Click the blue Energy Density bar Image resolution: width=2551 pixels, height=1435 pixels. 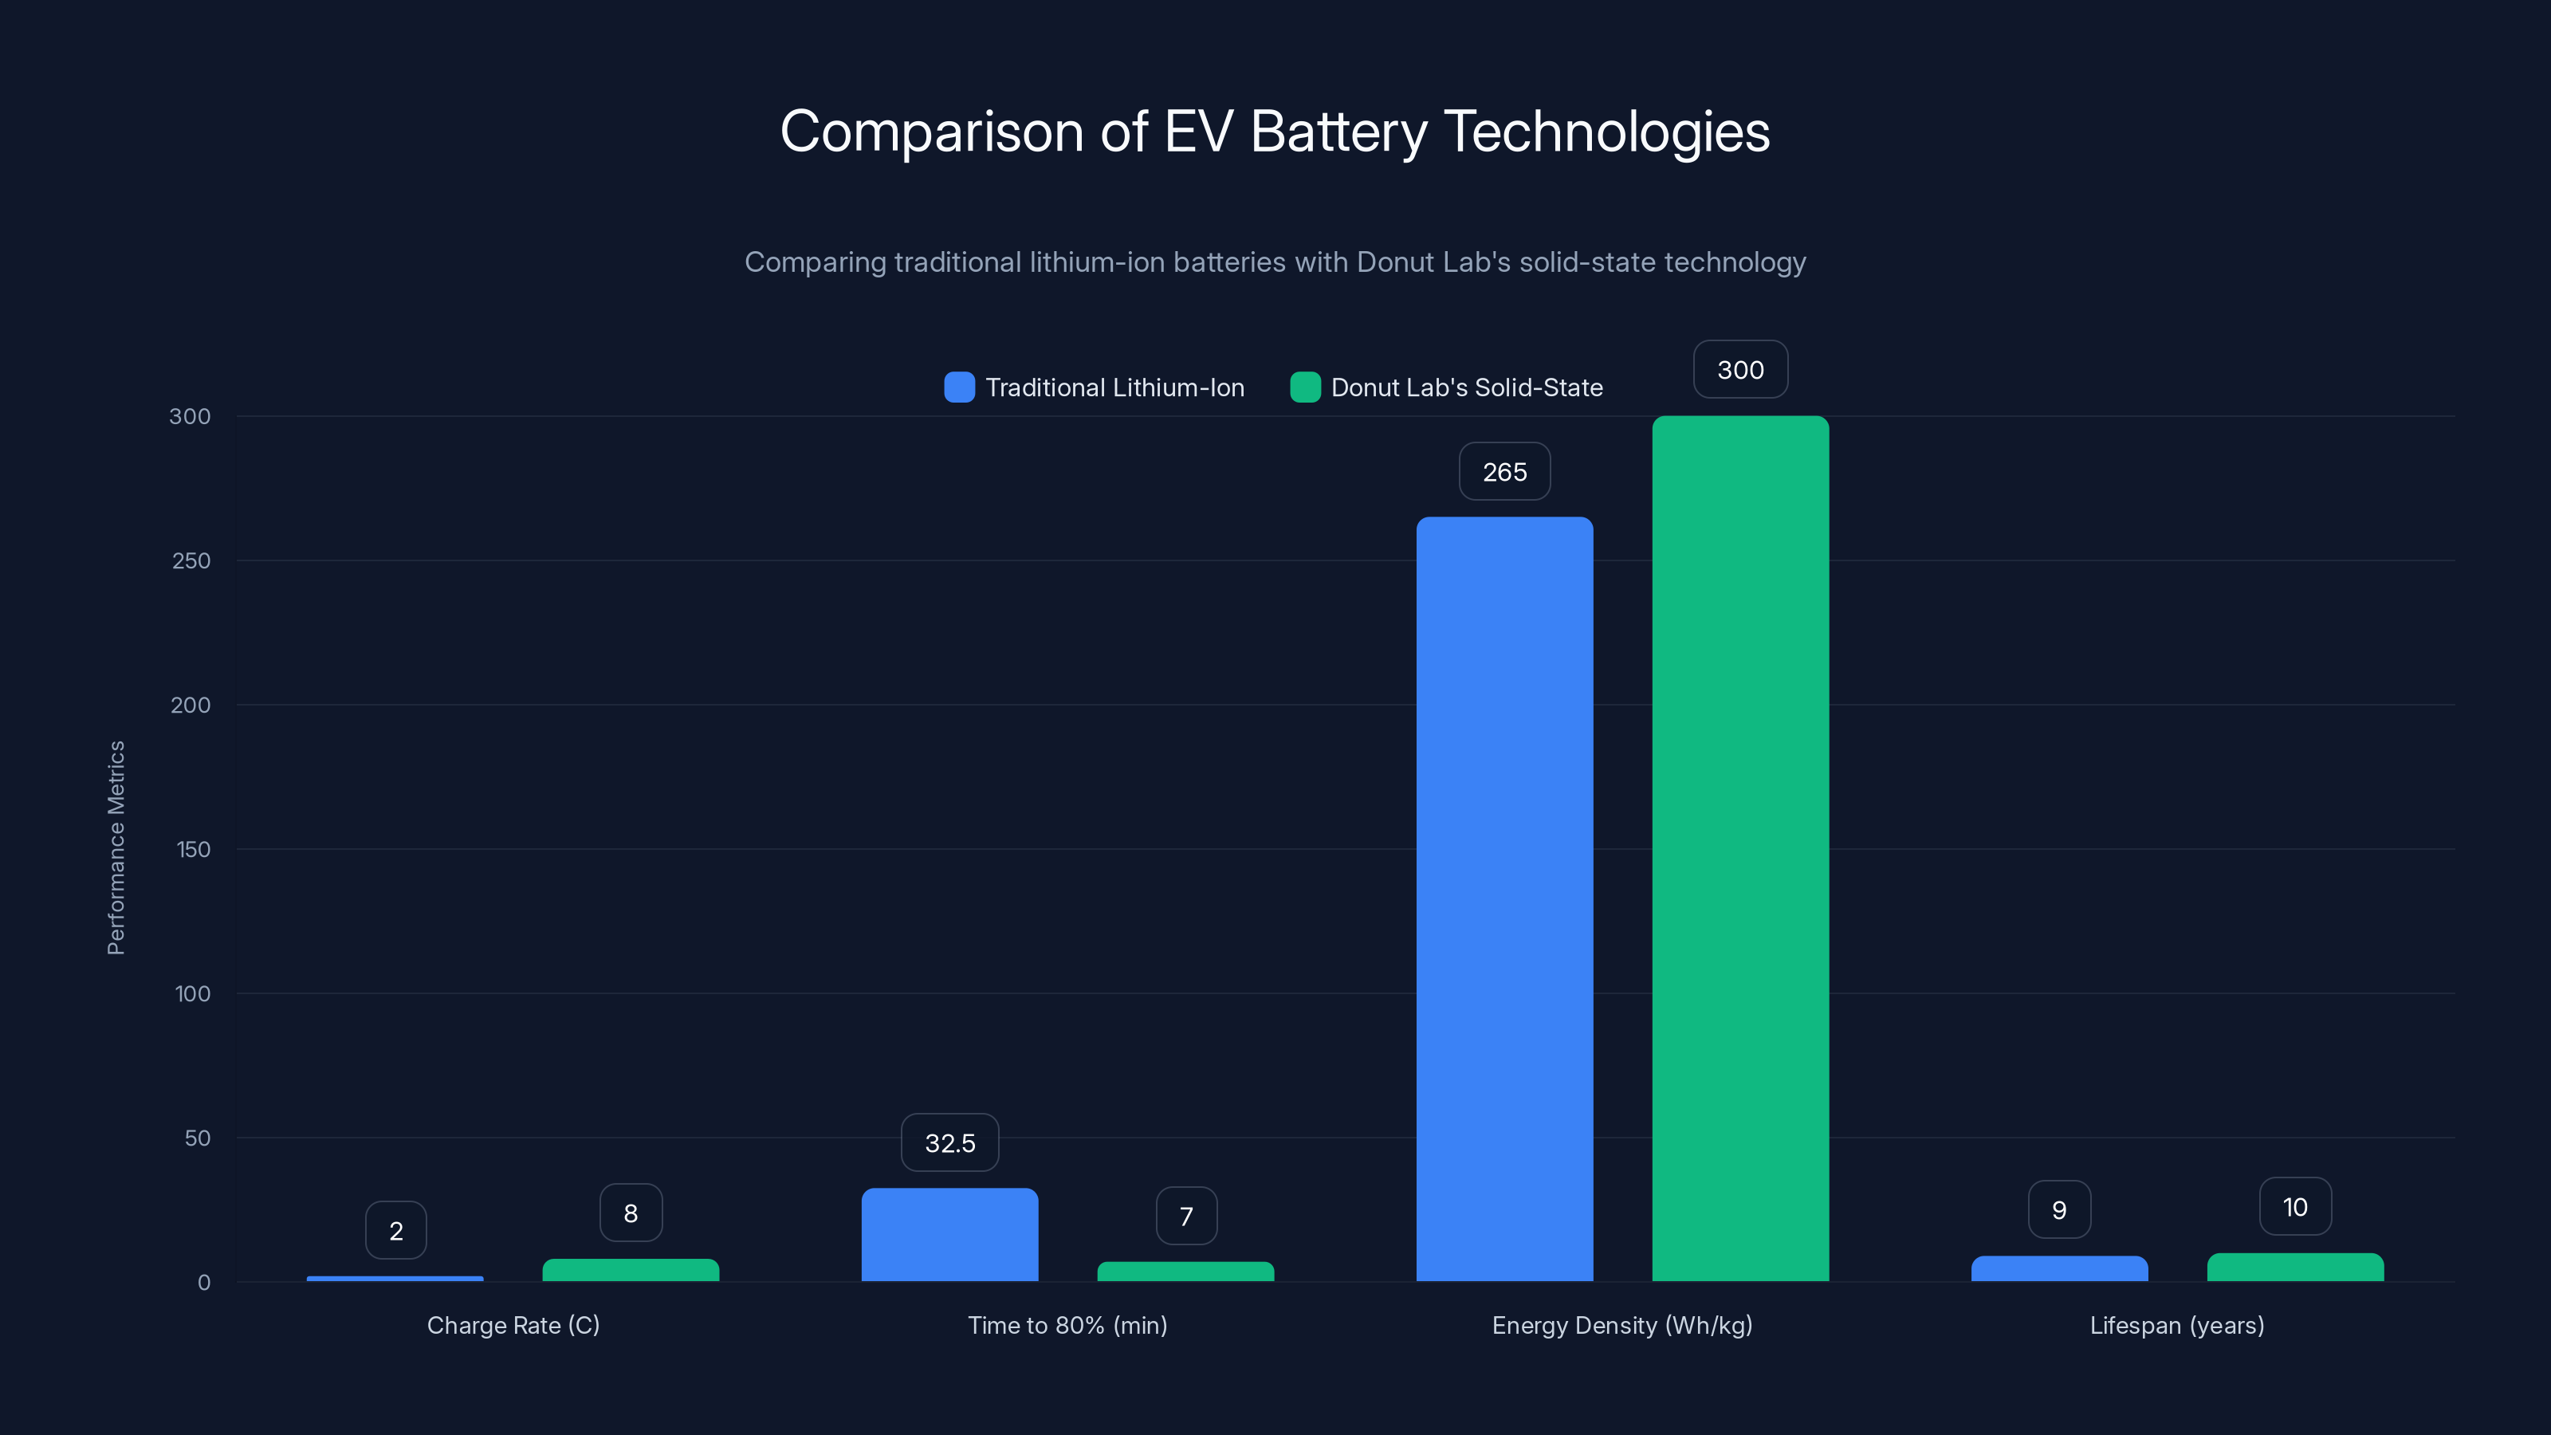1504,898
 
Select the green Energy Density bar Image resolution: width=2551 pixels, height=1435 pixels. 1740,849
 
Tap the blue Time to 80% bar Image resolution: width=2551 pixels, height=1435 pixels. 949,1235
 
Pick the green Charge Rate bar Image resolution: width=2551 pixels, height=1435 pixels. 631,1270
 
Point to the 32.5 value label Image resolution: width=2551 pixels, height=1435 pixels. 949,1143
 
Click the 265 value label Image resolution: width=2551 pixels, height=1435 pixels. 1504,473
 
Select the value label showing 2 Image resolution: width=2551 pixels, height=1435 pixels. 396,1231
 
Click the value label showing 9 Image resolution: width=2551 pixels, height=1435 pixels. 2059,1210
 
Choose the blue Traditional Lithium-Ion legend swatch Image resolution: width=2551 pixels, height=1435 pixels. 958,387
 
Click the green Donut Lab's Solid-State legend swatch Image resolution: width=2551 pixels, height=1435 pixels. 1305,387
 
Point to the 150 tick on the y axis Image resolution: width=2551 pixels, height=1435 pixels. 193,850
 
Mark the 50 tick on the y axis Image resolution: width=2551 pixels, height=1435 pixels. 197,1138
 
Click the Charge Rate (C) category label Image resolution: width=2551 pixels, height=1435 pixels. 513,1325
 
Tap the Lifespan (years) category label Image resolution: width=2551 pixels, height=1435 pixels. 2176,1325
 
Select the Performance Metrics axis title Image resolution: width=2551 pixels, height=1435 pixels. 116,847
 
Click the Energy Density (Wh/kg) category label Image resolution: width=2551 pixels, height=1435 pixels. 1622,1325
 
